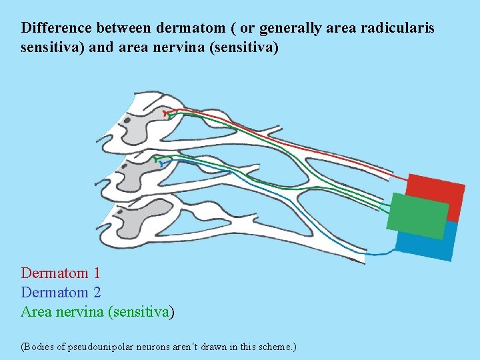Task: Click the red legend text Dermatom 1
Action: pos(61,273)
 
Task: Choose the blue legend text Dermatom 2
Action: pos(61,292)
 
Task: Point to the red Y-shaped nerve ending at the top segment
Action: pos(166,114)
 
